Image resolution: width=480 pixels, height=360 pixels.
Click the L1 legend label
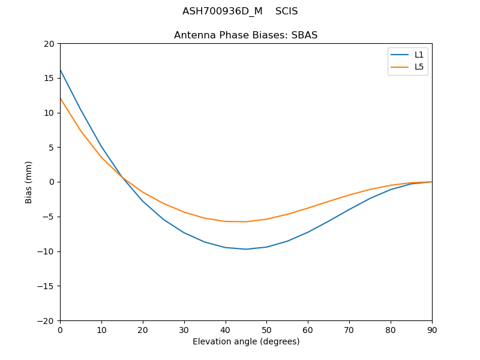[x=419, y=55]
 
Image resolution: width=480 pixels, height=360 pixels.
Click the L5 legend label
[x=419, y=67]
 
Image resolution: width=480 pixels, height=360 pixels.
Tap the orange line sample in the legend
[x=400, y=67]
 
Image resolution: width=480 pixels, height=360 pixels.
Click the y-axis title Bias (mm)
[x=29, y=182]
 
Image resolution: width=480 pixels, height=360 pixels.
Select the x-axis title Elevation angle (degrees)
[x=246, y=341]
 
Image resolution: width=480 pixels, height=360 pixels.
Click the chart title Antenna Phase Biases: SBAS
[x=246, y=35]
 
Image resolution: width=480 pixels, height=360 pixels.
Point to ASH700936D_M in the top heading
[x=223, y=11]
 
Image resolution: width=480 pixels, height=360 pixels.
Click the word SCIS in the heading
[x=287, y=11]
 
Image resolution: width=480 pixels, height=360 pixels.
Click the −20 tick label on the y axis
[x=46, y=320]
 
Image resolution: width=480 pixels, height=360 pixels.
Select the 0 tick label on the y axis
[x=52, y=182]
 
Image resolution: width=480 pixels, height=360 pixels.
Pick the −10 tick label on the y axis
[x=46, y=251]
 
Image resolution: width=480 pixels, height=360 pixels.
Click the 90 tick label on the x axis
[x=432, y=329]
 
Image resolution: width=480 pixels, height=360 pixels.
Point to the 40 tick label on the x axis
[x=226, y=329]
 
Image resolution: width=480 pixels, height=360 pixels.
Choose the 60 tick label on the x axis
[x=308, y=329]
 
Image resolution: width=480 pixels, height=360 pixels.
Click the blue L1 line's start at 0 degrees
[x=61, y=70]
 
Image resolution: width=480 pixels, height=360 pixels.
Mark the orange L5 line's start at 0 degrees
[x=61, y=98]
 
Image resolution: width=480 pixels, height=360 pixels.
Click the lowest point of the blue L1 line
[x=246, y=249]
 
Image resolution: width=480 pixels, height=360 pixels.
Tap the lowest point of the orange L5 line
[x=245, y=221]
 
